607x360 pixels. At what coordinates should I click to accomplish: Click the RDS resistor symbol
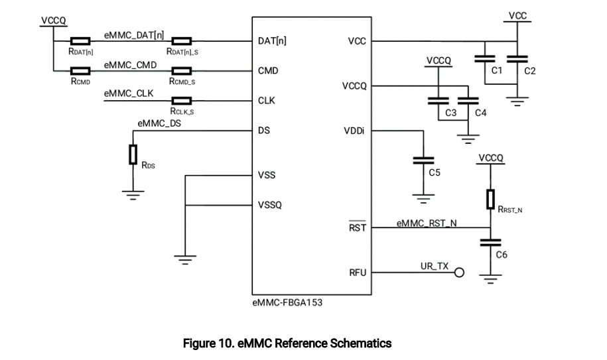click(x=133, y=154)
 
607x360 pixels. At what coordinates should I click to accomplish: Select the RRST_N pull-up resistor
click(x=490, y=199)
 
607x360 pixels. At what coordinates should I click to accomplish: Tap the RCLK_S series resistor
click(x=182, y=101)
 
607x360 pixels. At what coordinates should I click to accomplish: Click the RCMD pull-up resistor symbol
click(x=80, y=71)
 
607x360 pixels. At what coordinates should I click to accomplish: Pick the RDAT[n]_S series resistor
click(x=182, y=41)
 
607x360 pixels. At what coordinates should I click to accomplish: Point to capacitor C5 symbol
click(x=423, y=160)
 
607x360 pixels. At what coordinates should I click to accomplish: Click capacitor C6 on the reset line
click(x=490, y=243)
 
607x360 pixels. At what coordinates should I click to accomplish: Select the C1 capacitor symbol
click(x=485, y=59)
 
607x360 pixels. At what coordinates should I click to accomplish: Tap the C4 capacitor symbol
click(x=468, y=101)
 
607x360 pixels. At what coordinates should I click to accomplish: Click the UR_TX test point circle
click(x=459, y=272)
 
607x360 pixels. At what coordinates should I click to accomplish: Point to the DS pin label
click(x=264, y=131)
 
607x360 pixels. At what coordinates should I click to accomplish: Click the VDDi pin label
click(x=354, y=131)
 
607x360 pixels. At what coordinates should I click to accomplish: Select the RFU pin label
click(x=358, y=273)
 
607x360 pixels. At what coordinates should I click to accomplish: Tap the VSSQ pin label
click(x=270, y=205)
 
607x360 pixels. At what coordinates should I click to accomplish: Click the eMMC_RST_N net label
click(x=427, y=223)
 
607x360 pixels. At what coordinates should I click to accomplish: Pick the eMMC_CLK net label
click(x=129, y=93)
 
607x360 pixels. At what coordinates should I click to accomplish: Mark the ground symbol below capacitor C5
click(x=423, y=199)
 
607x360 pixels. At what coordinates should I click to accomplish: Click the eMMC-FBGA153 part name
click(x=287, y=302)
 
